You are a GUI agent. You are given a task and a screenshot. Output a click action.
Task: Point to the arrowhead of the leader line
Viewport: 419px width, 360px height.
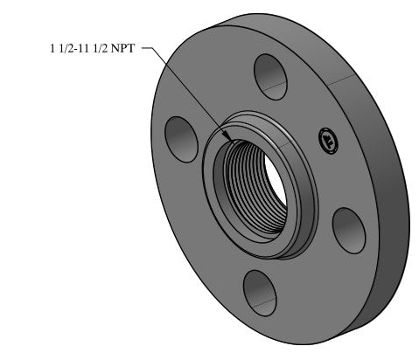tap(229, 138)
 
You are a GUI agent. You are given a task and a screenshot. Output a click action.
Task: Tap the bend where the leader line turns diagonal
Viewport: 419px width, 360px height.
tap(155, 50)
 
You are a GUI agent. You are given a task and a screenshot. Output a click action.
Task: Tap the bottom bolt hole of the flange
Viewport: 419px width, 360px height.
tap(259, 287)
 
